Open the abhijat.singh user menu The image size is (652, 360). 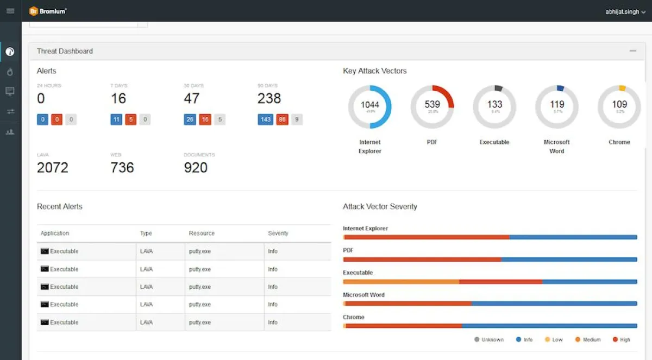tap(625, 11)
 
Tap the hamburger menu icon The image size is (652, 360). tap(10, 11)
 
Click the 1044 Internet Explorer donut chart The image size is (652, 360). tap(370, 106)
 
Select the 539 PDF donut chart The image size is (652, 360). tap(432, 106)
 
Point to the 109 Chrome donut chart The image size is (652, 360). tap(619, 106)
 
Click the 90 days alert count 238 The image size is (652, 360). tap(269, 98)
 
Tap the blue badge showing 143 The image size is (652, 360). tap(265, 119)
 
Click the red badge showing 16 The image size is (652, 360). tap(204, 119)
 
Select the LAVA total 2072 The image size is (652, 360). tap(53, 167)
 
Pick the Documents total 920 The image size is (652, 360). tap(196, 167)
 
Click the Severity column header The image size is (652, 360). tap(278, 233)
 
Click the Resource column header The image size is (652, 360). tap(202, 233)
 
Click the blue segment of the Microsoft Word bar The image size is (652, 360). tap(554, 304)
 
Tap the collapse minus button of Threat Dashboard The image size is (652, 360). tap(633, 51)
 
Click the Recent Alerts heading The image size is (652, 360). tap(60, 206)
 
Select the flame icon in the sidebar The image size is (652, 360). tap(10, 72)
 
